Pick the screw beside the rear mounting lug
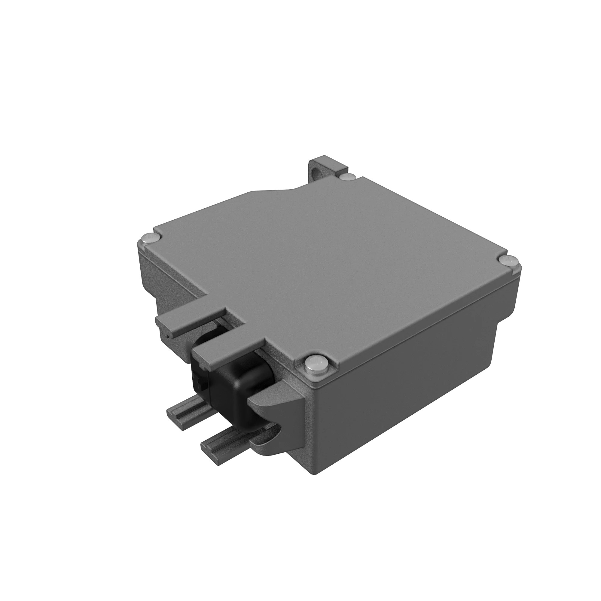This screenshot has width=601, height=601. tap(347, 177)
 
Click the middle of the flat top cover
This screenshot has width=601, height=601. tap(327, 264)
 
